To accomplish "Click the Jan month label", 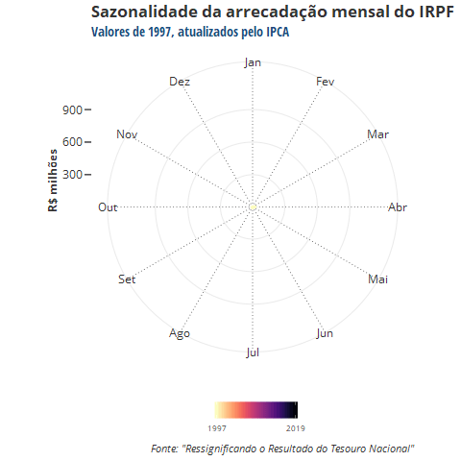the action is pyautogui.click(x=253, y=62).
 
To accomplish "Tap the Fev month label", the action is pyautogui.click(x=325, y=82).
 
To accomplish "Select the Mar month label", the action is pyautogui.click(x=377, y=134).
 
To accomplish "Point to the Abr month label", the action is pyautogui.click(x=398, y=207).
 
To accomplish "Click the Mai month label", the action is pyautogui.click(x=377, y=279).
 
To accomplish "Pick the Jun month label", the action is pyautogui.click(x=325, y=333).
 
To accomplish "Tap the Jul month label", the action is pyautogui.click(x=253, y=352).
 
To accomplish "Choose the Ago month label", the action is pyautogui.click(x=180, y=333).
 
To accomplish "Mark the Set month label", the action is pyautogui.click(x=127, y=279).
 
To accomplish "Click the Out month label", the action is pyautogui.click(x=108, y=207).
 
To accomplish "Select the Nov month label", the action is pyautogui.click(x=127, y=134).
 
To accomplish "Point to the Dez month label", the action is pyautogui.click(x=180, y=82).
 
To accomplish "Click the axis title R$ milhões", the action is pyautogui.click(x=53, y=181).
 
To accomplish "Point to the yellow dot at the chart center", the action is pyautogui.click(x=253, y=207).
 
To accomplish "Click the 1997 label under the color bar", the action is pyautogui.click(x=217, y=428).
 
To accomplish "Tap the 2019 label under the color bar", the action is pyautogui.click(x=296, y=428).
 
